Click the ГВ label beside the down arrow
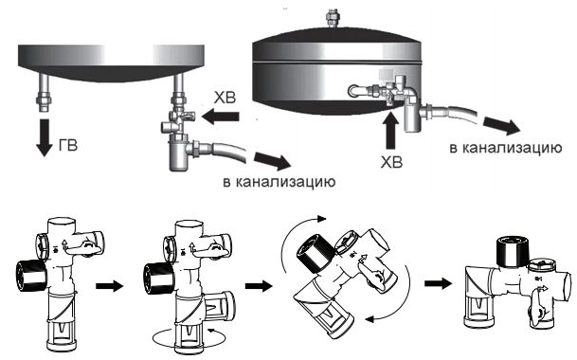click(x=68, y=145)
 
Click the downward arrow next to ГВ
click(x=45, y=137)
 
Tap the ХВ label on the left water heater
click(x=225, y=99)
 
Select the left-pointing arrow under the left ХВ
click(x=221, y=117)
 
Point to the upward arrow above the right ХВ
click(x=390, y=131)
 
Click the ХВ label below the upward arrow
click(x=391, y=162)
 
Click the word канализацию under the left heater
click(x=285, y=182)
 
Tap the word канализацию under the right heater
click(x=512, y=148)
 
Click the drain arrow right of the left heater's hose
click(x=272, y=161)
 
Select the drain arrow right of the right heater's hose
click(x=501, y=126)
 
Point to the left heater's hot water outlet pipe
click(x=45, y=94)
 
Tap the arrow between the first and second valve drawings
click(x=109, y=286)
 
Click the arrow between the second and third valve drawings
click(x=259, y=286)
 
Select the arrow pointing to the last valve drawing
click(x=438, y=283)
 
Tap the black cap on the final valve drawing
click(x=513, y=252)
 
